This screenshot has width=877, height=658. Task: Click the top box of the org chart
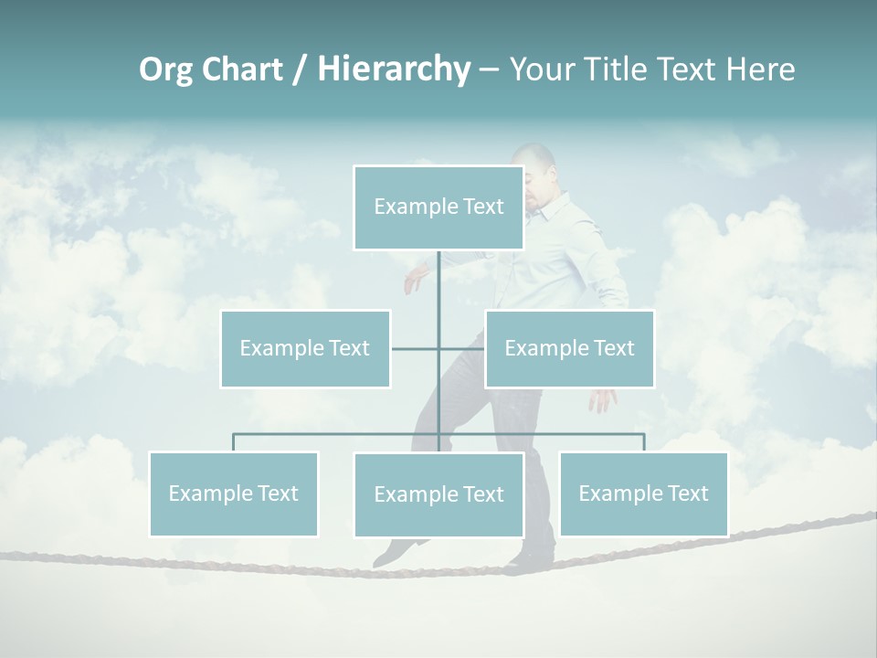click(x=438, y=207)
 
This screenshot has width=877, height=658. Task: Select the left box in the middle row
click(x=305, y=348)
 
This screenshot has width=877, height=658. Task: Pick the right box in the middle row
click(x=569, y=348)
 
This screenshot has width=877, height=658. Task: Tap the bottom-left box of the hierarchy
click(x=234, y=493)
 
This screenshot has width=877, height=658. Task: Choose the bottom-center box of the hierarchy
click(x=438, y=494)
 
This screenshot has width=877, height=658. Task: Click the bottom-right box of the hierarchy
click(x=643, y=493)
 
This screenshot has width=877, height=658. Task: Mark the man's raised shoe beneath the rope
click(x=396, y=550)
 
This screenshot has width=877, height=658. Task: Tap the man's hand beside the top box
click(x=416, y=278)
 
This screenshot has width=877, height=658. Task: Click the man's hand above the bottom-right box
click(x=603, y=399)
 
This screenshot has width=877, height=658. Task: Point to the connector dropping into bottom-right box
click(x=644, y=442)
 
